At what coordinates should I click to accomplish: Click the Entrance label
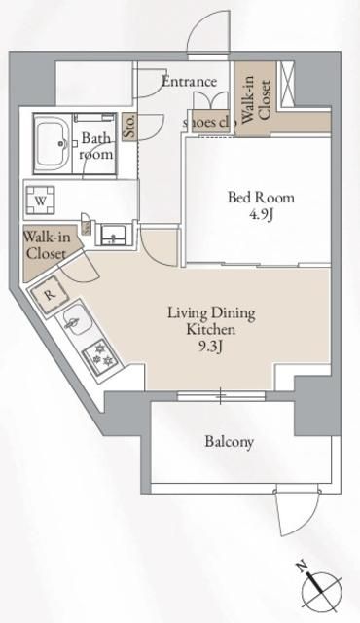(x=189, y=82)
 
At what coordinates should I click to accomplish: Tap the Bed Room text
(x=261, y=197)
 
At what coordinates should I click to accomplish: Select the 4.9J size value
(x=261, y=214)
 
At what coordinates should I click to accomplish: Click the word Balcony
(x=230, y=442)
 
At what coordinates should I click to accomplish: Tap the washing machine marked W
(x=41, y=202)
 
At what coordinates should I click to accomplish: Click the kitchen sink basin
(x=74, y=318)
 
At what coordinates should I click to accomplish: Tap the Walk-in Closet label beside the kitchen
(x=46, y=245)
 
